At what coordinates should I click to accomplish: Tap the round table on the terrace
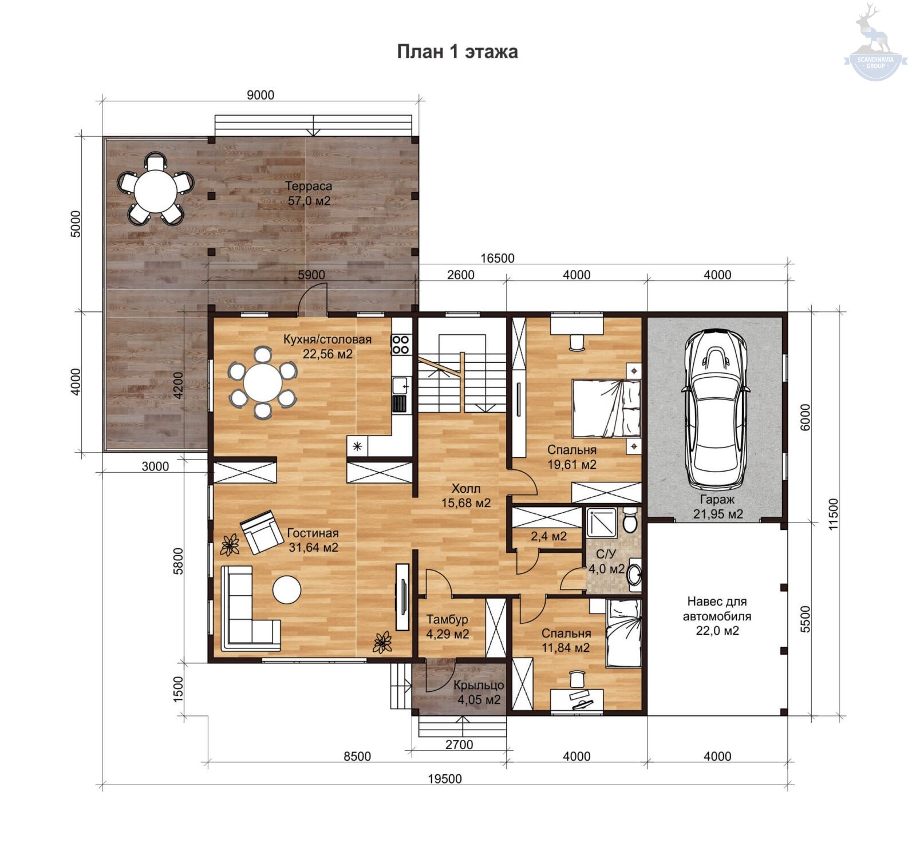(x=156, y=188)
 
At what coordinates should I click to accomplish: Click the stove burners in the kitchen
(x=400, y=344)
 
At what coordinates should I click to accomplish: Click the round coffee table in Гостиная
(x=286, y=589)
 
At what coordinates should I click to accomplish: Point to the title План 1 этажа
(x=457, y=52)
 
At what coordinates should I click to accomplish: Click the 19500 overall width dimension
(x=445, y=779)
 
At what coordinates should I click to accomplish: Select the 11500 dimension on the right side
(x=833, y=513)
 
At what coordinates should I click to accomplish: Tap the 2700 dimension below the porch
(x=459, y=745)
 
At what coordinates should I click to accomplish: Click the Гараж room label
(x=717, y=499)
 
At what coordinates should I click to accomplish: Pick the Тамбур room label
(x=447, y=619)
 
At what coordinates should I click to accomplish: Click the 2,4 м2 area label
(x=548, y=536)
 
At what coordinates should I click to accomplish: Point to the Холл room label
(x=466, y=489)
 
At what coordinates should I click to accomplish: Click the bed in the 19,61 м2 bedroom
(x=606, y=409)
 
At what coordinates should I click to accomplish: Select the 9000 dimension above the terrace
(x=260, y=95)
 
